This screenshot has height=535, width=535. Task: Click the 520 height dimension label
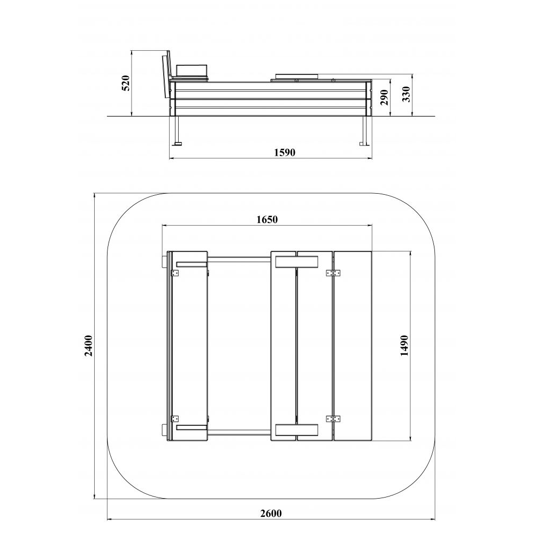(x=126, y=83)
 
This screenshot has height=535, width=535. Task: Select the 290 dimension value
(x=385, y=97)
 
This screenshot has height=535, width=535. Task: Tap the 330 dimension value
(x=406, y=94)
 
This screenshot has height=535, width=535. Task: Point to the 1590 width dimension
(x=285, y=152)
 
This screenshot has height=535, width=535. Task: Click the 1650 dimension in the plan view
(x=267, y=219)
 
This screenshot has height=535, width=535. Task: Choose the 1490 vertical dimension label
(x=404, y=345)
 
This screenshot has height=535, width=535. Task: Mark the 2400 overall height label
(x=89, y=346)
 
